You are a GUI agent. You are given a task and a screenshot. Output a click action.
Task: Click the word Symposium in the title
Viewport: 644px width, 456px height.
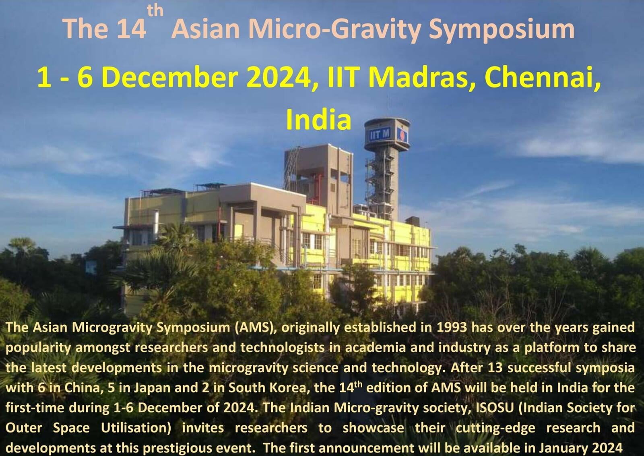[502, 30]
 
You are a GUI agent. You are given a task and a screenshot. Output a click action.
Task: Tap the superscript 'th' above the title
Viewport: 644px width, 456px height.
[155, 10]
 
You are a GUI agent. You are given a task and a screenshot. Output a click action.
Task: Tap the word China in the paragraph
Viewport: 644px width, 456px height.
[82, 388]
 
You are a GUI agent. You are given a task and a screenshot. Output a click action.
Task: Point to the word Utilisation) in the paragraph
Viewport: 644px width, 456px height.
[136, 428]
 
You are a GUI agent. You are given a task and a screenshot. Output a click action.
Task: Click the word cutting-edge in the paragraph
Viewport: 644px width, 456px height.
[495, 429]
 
